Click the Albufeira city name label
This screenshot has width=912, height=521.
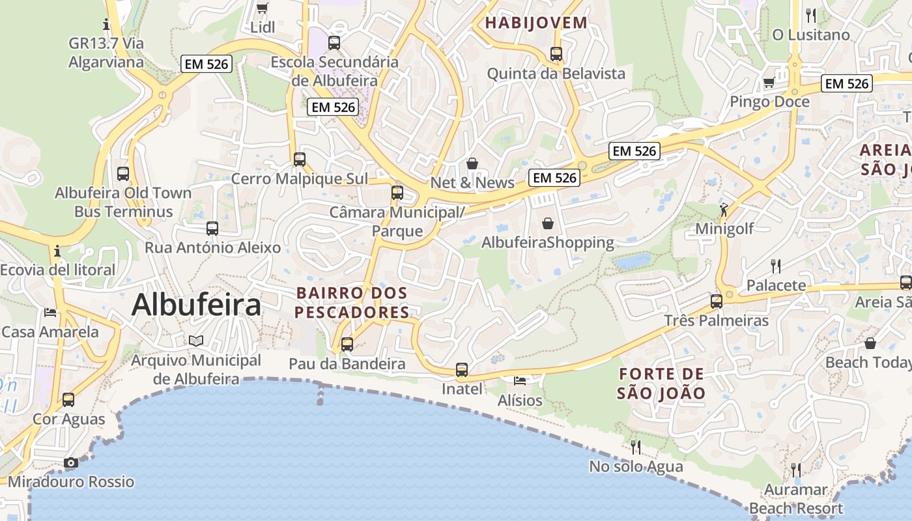coord(196,305)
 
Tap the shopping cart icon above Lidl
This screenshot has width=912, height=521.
coord(262,8)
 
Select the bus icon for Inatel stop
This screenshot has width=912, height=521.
coord(462,370)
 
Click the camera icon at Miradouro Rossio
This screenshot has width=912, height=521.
coord(71,463)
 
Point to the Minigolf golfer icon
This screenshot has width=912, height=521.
coord(724,210)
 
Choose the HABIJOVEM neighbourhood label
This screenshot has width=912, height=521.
coord(536,23)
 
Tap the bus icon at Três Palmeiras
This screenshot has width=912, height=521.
coord(717,302)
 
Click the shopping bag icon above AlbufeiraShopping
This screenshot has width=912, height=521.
coord(548,223)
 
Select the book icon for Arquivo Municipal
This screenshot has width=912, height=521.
coord(196,341)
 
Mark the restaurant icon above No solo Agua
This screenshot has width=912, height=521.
coord(636,447)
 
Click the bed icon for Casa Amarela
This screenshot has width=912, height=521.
coord(50,313)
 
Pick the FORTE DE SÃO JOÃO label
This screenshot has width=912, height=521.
coord(661,384)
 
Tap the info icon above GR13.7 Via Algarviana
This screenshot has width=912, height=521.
coord(106,25)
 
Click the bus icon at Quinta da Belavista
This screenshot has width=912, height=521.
coord(556,54)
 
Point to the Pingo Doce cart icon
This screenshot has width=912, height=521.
coord(769,83)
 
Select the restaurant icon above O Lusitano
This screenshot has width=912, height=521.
coord(811,14)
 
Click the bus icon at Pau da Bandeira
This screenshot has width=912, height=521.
coord(347,345)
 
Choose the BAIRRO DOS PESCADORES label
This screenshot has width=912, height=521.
coord(352,303)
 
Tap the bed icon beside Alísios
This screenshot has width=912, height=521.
coord(519,380)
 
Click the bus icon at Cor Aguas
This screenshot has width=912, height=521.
coord(68,400)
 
